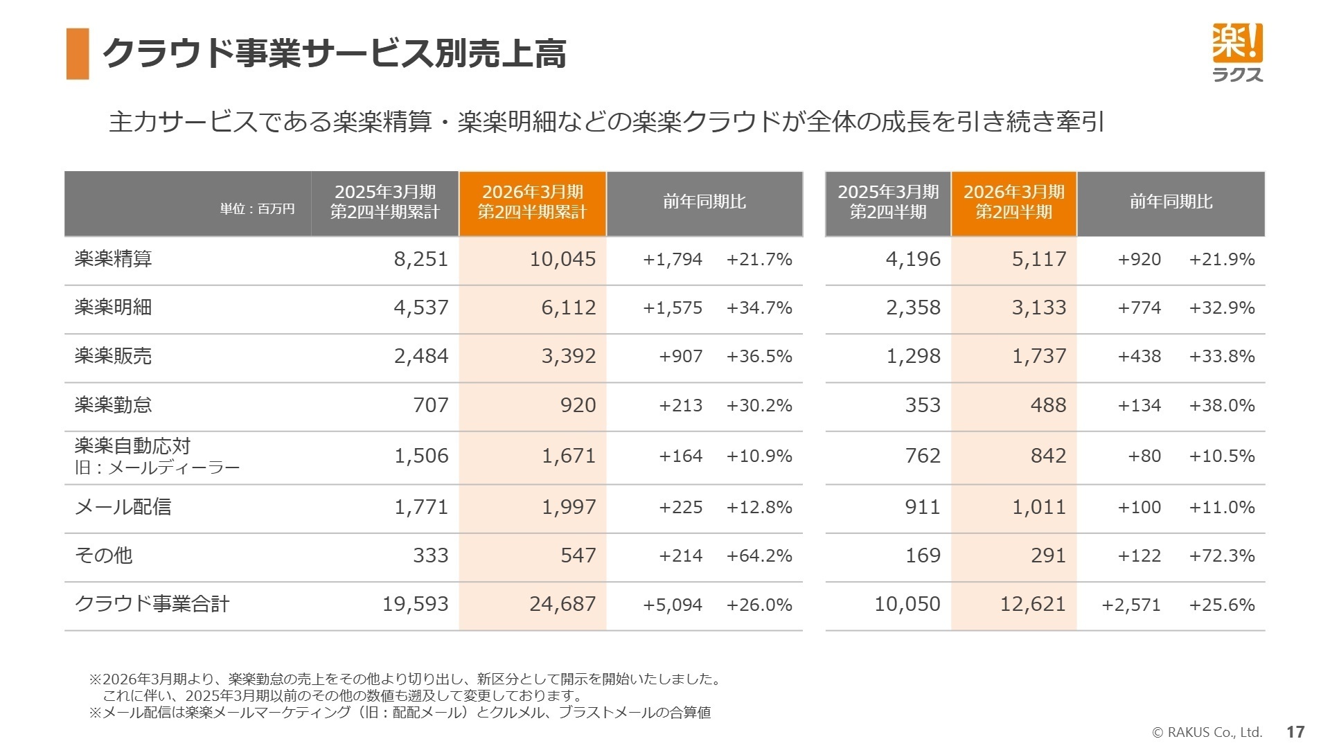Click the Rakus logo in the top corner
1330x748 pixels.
[1237, 53]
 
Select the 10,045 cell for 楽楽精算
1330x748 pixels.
[562, 259]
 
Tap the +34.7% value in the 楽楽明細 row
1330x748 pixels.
[759, 308]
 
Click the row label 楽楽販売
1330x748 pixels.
[113, 356]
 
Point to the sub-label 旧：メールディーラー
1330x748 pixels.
[157, 467]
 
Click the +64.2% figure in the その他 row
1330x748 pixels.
[759, 555]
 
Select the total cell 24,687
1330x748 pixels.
[562, 604]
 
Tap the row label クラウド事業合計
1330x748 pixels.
[152, 604]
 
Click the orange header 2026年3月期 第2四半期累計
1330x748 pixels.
[532, 202]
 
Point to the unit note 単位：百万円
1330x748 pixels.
[257, 208]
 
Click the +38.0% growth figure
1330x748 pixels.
[1221, 405]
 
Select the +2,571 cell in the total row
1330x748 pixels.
[1130, 605]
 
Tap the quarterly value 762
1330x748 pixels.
[923, 456]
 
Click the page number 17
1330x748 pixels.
[1295, 731]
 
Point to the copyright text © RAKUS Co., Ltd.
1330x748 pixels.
[1207, 732]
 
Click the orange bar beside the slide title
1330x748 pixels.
[78, 54]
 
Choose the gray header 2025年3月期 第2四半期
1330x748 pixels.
[888, 202]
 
